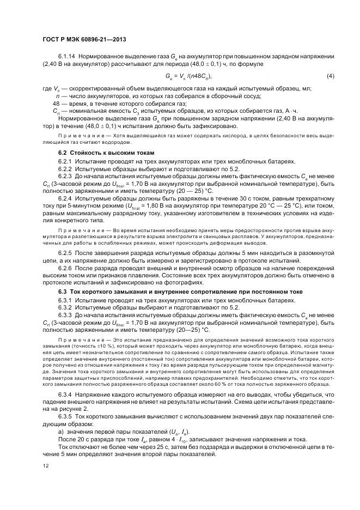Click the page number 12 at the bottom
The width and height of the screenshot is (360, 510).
[x=45, y=466]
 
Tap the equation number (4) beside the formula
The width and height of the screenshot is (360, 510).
[x=330, y=76]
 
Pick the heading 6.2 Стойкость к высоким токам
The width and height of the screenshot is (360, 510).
[x=99, y=153]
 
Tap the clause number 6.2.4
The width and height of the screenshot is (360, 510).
[x=65, y=198]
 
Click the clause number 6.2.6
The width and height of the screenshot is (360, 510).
[x=65, y=269]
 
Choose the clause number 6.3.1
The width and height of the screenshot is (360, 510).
[x=65, y=301]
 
